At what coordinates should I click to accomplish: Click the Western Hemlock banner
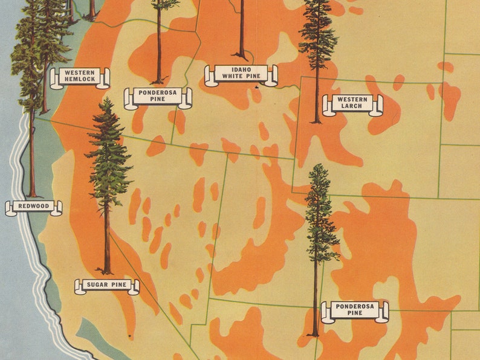pyautogui.click(x=80, y=77)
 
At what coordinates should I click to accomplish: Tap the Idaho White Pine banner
pyautogui.click(x=241, y=75)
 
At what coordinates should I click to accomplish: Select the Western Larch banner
pyautogui.click(x=352, y=104)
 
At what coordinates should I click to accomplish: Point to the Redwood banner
pyautogui.click(x=34, y=207)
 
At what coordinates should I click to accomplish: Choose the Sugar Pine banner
pyautogui.click(x=106, y=285)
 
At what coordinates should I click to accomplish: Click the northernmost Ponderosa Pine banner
pyautogui.click(x=158, y=97)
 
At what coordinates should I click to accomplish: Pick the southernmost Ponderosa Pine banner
pyautogui.click(x=354, y=311)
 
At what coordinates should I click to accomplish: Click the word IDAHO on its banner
pyautogui.click(x=241, y=70)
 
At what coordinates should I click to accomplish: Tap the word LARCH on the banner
pyautogui.click(x=352, y=108)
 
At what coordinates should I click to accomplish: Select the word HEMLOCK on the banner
pyautogui.click(x=80, y=80)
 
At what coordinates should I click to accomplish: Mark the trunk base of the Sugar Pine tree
pyautogui.click(x=107, y=272)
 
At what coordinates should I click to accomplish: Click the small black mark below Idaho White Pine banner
pyautogui.click(x=256, y=88)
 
